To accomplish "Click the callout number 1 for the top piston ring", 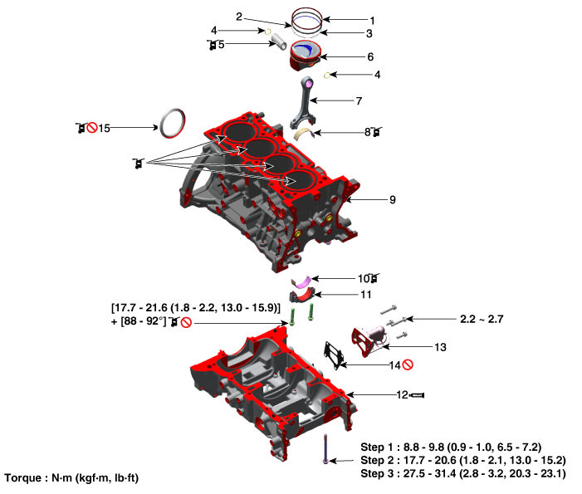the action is (372, 21).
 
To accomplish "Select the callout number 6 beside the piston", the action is (370, 56).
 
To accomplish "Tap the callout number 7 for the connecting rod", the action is (359, 101).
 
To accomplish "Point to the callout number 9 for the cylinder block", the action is (393, 200).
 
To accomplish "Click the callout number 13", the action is (440, 347).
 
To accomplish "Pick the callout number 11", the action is (366, 295).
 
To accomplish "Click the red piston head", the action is (305, 55).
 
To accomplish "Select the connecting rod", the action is (305, 102).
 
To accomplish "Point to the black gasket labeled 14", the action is (334, 355).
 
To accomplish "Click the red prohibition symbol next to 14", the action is (408, 365).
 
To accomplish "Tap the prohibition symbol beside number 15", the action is (92, 128).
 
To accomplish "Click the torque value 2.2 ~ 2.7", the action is (482, 319).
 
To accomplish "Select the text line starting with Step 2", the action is (463, 460).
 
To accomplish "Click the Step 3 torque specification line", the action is (463, 473).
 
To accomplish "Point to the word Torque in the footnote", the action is (23, 478).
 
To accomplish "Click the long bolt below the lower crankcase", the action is (325, 448).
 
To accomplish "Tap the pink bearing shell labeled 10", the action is (301, 281).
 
